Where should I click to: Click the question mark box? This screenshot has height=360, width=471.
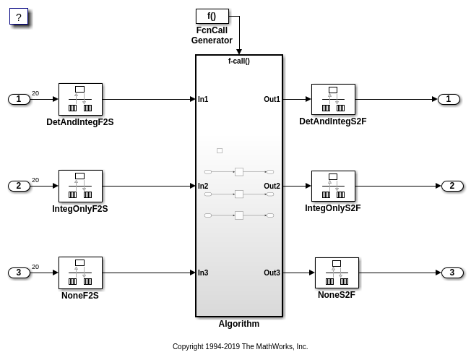[19, 17]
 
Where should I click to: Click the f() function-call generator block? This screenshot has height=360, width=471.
[212, 16]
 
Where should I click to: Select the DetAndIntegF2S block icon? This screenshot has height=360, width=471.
[80, 99]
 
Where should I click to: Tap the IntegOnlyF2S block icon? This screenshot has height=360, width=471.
[80, 186]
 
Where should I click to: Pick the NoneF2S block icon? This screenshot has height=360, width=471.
[80, 273]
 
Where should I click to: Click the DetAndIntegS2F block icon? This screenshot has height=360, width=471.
[333, 99]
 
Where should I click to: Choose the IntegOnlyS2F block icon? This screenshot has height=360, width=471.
[333, 186]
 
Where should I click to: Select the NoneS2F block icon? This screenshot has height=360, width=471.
[337, 273]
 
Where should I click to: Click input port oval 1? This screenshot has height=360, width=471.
[19, 99]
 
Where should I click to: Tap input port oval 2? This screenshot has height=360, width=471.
[19, 186]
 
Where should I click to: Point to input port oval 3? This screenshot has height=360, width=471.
[19, 273]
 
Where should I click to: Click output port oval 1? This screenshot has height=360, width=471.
[449, 99]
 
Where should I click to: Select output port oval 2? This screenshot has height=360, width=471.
[452, 186]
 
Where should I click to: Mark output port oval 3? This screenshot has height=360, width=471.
[452, 273]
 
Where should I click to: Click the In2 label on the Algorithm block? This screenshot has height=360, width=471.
[203, 186]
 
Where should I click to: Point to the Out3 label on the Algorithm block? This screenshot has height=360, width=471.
[272, 273]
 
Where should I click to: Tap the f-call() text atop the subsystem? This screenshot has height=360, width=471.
[239, 61]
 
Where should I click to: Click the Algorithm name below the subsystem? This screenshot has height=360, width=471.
[239, 324]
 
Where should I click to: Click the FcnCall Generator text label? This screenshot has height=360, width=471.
[212, 35]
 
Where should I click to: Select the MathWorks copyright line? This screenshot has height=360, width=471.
[240, 347]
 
